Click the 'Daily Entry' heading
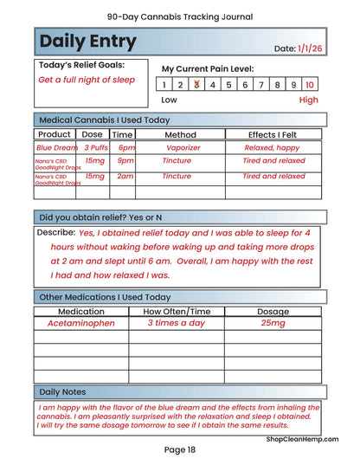coord(87,42)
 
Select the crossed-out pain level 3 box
coord(196,84)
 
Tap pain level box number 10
coord(310,84)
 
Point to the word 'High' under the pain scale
coord(308,100)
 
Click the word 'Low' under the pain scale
coord(170,100)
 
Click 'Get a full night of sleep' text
coord(87,80)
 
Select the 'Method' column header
coord(180,134)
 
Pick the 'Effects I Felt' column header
coord(273,134)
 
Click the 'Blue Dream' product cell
coord(56,148)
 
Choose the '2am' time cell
coord(125,176)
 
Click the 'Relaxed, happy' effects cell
coord(273,148)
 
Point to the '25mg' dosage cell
coord(273,323)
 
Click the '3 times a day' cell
coord(177,323)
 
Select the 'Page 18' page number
coord(180,449)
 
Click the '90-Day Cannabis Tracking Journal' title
coord(180,16)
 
